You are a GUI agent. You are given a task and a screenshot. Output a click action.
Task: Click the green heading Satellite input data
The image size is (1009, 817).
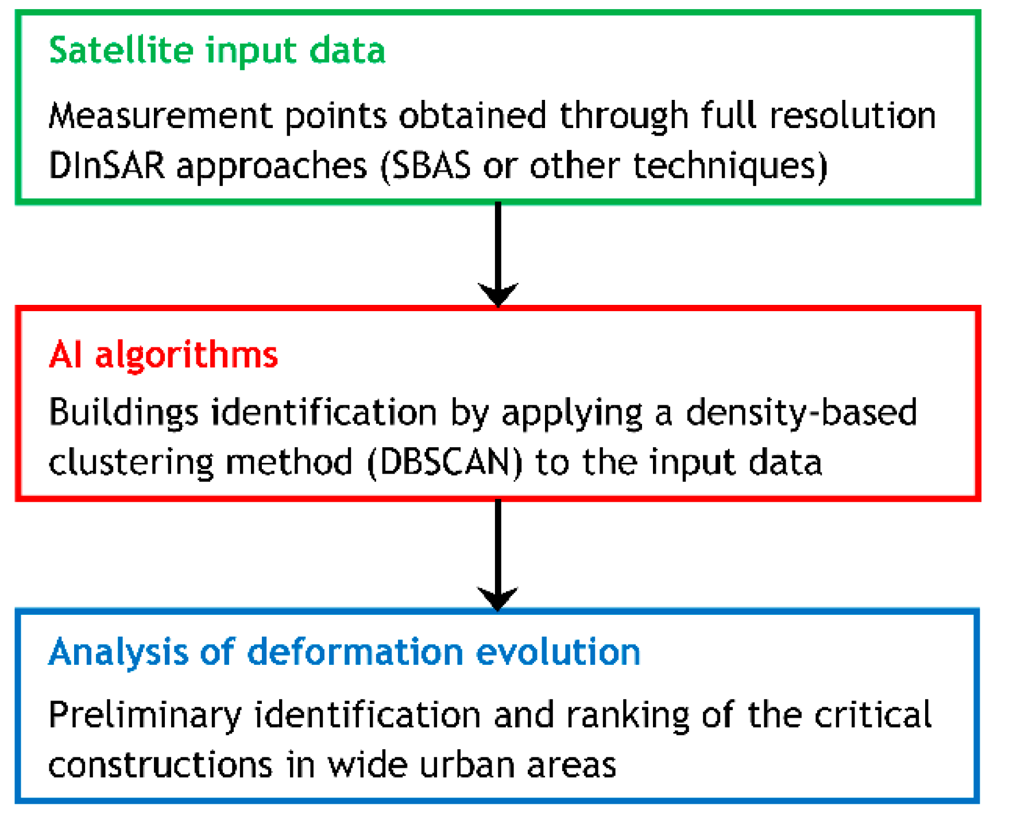click(217, 51)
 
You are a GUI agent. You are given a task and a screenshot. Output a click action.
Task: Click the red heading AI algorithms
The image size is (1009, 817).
click(164, 354)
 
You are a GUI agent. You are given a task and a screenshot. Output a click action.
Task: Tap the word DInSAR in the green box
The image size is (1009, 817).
click(107, 166)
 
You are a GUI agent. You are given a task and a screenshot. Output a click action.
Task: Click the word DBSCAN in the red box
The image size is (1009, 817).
click(444, 462)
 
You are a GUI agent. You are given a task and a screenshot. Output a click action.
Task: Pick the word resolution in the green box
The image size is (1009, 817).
click(853, 115)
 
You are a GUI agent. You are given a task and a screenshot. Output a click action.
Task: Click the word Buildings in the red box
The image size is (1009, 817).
click(123, 413)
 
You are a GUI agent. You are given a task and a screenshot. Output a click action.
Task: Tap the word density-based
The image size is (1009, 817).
click(802, 413)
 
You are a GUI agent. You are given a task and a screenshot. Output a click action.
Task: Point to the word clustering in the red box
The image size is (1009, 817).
click(131, 462)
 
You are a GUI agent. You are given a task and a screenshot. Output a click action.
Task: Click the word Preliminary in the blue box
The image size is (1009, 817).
click(145, 716)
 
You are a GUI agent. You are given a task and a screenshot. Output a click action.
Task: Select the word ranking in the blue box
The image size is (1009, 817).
click(628, 716)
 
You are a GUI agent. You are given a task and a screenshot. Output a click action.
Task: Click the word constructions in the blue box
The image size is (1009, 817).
click(160, 765)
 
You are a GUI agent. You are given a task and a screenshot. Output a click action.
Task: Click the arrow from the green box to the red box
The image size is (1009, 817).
click(498, 253)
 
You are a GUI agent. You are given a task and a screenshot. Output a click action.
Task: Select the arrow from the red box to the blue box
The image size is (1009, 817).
click(498, 554)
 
